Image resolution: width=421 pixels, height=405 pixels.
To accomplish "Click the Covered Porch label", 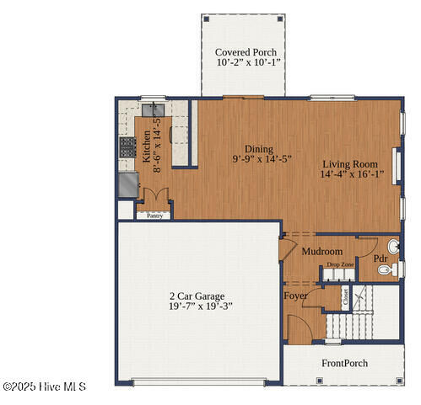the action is (246, 52).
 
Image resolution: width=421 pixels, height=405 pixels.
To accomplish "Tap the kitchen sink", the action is (153, 110).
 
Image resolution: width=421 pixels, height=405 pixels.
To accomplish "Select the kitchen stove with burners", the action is (127, 147).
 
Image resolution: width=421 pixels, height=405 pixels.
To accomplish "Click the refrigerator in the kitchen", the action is (128, 184).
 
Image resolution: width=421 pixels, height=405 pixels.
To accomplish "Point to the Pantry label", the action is (154, 216).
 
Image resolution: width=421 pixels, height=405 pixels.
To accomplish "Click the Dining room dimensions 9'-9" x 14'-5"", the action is (262, 159).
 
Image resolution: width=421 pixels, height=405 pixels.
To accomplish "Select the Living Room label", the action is (350, 164).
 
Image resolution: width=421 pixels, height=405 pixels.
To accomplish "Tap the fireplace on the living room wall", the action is (397, 166).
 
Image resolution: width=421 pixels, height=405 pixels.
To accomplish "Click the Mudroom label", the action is (322, 252).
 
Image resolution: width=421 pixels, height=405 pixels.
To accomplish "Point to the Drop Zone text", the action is (340, 264).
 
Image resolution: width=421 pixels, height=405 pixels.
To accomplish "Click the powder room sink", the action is (393, 247).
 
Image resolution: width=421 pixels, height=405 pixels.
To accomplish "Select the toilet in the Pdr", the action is (387, 269).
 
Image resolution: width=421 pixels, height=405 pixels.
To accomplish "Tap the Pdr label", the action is (381, 258).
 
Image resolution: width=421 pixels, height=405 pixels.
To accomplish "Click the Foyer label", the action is (295, 296).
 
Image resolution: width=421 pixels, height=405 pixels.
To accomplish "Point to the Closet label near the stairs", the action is (346, 297).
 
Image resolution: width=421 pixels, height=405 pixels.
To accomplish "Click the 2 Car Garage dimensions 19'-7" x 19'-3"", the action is (201, 306).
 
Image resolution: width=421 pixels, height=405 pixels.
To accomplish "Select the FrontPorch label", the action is (344, 363).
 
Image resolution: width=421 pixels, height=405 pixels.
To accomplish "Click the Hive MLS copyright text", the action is (45, 386).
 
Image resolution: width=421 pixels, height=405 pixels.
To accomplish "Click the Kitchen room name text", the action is (147, 147).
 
